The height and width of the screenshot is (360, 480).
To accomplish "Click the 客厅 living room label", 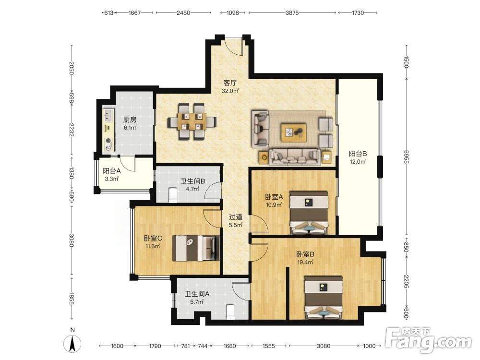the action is point(230,83).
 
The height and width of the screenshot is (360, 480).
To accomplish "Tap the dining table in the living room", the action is point(192,122).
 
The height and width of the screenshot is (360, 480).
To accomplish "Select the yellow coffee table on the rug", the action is point(294,132).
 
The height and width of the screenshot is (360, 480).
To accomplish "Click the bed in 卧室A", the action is point(309,213).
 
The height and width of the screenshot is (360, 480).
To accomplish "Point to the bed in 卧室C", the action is point(196,248).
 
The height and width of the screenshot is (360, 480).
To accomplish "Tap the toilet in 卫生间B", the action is point(173,195).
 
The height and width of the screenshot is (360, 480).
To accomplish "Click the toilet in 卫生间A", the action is point(230,312).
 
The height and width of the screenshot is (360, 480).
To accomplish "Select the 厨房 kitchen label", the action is point(130,120).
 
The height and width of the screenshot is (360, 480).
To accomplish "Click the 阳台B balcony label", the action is point(358,154).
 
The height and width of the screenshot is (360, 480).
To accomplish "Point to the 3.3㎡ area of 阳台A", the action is point(111,179).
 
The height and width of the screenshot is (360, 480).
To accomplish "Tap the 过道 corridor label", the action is point(236,217).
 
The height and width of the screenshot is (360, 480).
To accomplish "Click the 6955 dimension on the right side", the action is point(406,156).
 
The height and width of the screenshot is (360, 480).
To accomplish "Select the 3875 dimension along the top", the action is point(292,13).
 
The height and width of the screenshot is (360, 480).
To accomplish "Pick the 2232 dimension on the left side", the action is point(72,130).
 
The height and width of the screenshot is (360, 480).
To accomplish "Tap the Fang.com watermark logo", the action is point(429,340).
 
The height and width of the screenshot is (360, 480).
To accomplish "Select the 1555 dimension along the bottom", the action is point(269,346).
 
